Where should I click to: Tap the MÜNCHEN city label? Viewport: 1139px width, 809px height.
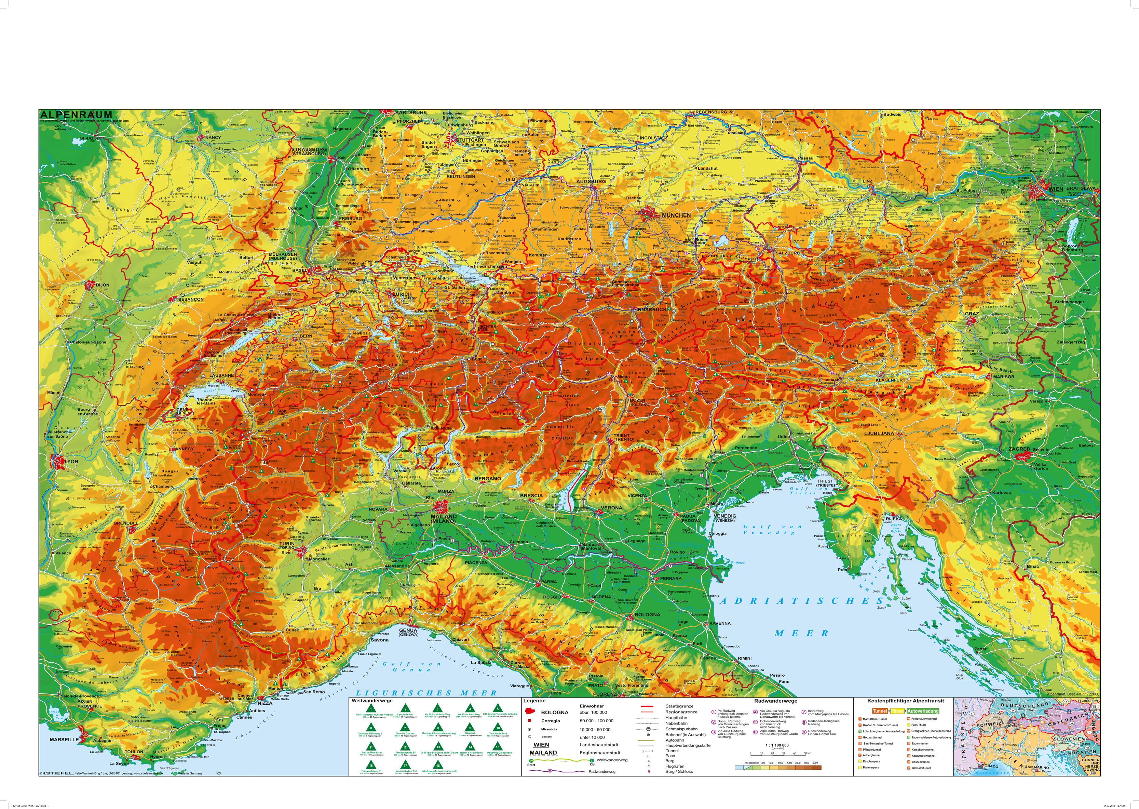pos(676,215)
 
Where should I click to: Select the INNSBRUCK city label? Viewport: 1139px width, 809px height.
pos(651,309)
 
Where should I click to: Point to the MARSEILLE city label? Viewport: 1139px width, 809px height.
pos(64,740)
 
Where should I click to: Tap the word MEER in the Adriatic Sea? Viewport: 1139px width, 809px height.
pos(800,633)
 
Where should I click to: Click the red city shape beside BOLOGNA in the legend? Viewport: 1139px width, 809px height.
pos(531,712)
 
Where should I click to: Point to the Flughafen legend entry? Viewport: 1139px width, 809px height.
pos(675,766)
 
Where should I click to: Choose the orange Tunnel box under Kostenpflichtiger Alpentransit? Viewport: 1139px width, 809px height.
pos(880,711)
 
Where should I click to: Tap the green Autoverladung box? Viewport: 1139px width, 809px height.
pos(922,711)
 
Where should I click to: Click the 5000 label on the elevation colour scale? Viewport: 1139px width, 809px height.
pos(815,763)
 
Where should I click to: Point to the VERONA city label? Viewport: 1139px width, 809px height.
pos(611,508)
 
